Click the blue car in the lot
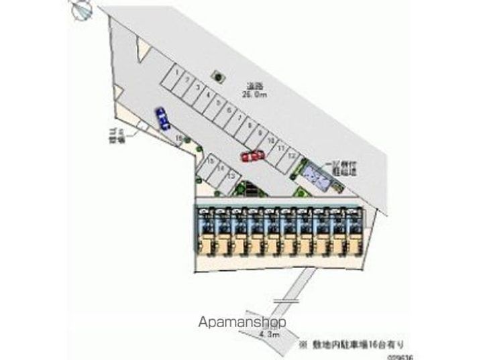(x=162, y=118)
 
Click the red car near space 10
(x=253, y=156)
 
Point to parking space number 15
(x=210, y=162)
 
